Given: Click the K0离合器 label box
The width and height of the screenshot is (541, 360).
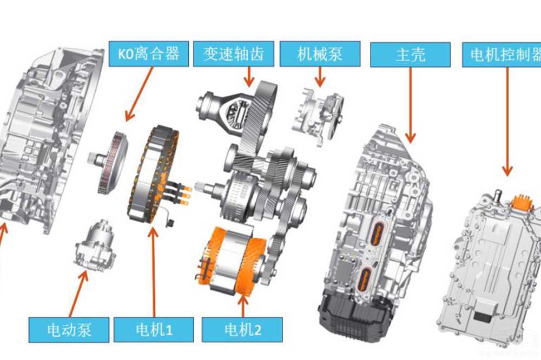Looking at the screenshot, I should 144,54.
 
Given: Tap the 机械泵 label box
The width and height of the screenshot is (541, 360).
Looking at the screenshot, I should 320,54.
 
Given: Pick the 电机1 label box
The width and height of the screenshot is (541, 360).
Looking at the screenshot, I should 154,328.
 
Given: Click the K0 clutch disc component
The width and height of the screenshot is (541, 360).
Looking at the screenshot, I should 111,161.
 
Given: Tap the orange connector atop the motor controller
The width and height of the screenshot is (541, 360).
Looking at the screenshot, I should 523,202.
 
